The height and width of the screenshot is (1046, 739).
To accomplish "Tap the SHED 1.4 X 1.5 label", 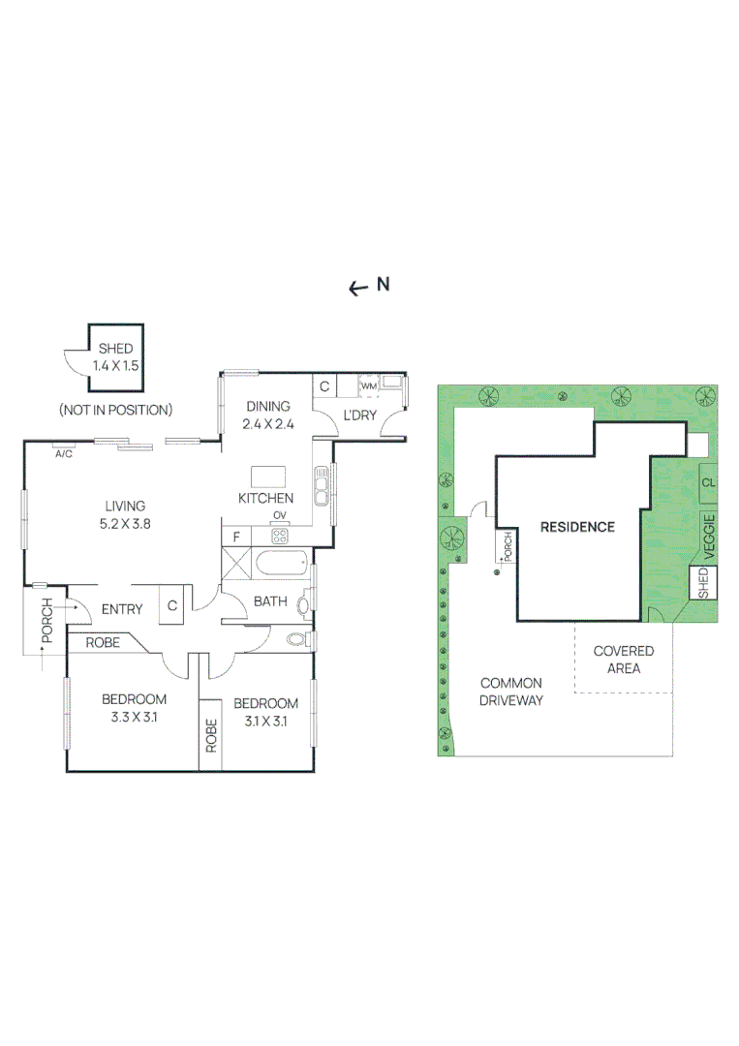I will [x=114, y=357].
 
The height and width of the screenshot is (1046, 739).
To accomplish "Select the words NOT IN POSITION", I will [x=115, y=410].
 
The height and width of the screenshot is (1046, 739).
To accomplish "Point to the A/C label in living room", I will [x=65, y=452].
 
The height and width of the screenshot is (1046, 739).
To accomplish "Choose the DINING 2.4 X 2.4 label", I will [x=268, y=415].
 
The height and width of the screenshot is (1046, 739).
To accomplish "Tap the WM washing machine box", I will [x=368, y=386].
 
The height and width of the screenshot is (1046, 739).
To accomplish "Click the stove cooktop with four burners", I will [x=280, y=536].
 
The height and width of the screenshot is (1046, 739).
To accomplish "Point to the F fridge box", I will [x=233, y=536].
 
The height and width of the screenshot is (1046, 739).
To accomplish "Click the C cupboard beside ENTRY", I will [x=171, y=606].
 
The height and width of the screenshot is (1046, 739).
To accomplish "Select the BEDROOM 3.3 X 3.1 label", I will [x=135, y=708].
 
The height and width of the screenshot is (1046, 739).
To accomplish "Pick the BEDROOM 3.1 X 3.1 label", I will [x=265, y=712].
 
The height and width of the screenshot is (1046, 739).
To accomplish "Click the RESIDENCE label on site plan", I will [x=577, y=527].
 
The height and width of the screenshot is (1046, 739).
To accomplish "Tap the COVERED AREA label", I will [x=623, y=660].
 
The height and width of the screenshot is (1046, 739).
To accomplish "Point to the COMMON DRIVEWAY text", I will [x=510, y=691].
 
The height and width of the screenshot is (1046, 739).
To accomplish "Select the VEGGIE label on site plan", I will [x=709, y=538].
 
